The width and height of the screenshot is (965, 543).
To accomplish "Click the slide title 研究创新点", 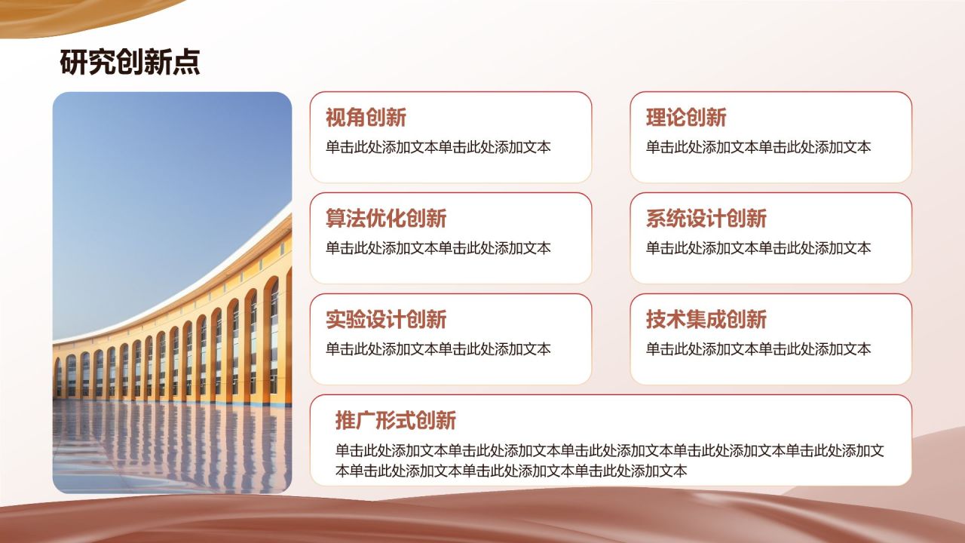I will click(130, 63).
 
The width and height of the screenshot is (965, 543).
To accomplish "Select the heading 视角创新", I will click(366, 118).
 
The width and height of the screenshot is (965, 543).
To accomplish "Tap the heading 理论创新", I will click(686, 118).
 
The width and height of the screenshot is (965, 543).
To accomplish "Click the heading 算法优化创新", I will click(386, 219).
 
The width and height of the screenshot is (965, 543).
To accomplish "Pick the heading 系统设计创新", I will click(706, 219).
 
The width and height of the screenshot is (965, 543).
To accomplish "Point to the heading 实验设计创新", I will click(386, 320).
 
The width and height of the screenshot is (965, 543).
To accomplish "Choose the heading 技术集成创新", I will click(706, 320).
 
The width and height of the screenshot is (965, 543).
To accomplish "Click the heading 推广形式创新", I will click(396, 420).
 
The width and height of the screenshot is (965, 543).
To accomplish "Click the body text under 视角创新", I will click(438, 147).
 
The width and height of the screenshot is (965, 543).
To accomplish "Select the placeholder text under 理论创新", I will click(758, 147).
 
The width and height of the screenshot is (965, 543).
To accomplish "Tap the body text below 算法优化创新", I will click(438, 248).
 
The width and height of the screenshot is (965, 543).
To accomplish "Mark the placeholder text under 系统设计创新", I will click(758, 248).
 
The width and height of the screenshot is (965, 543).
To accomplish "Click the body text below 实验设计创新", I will click(438, 349).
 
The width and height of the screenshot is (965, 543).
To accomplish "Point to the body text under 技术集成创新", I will click(758, 349).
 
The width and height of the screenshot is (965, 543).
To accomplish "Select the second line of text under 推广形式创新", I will click(511, 471).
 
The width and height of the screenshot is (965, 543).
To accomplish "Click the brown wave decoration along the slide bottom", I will click(482, 520).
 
